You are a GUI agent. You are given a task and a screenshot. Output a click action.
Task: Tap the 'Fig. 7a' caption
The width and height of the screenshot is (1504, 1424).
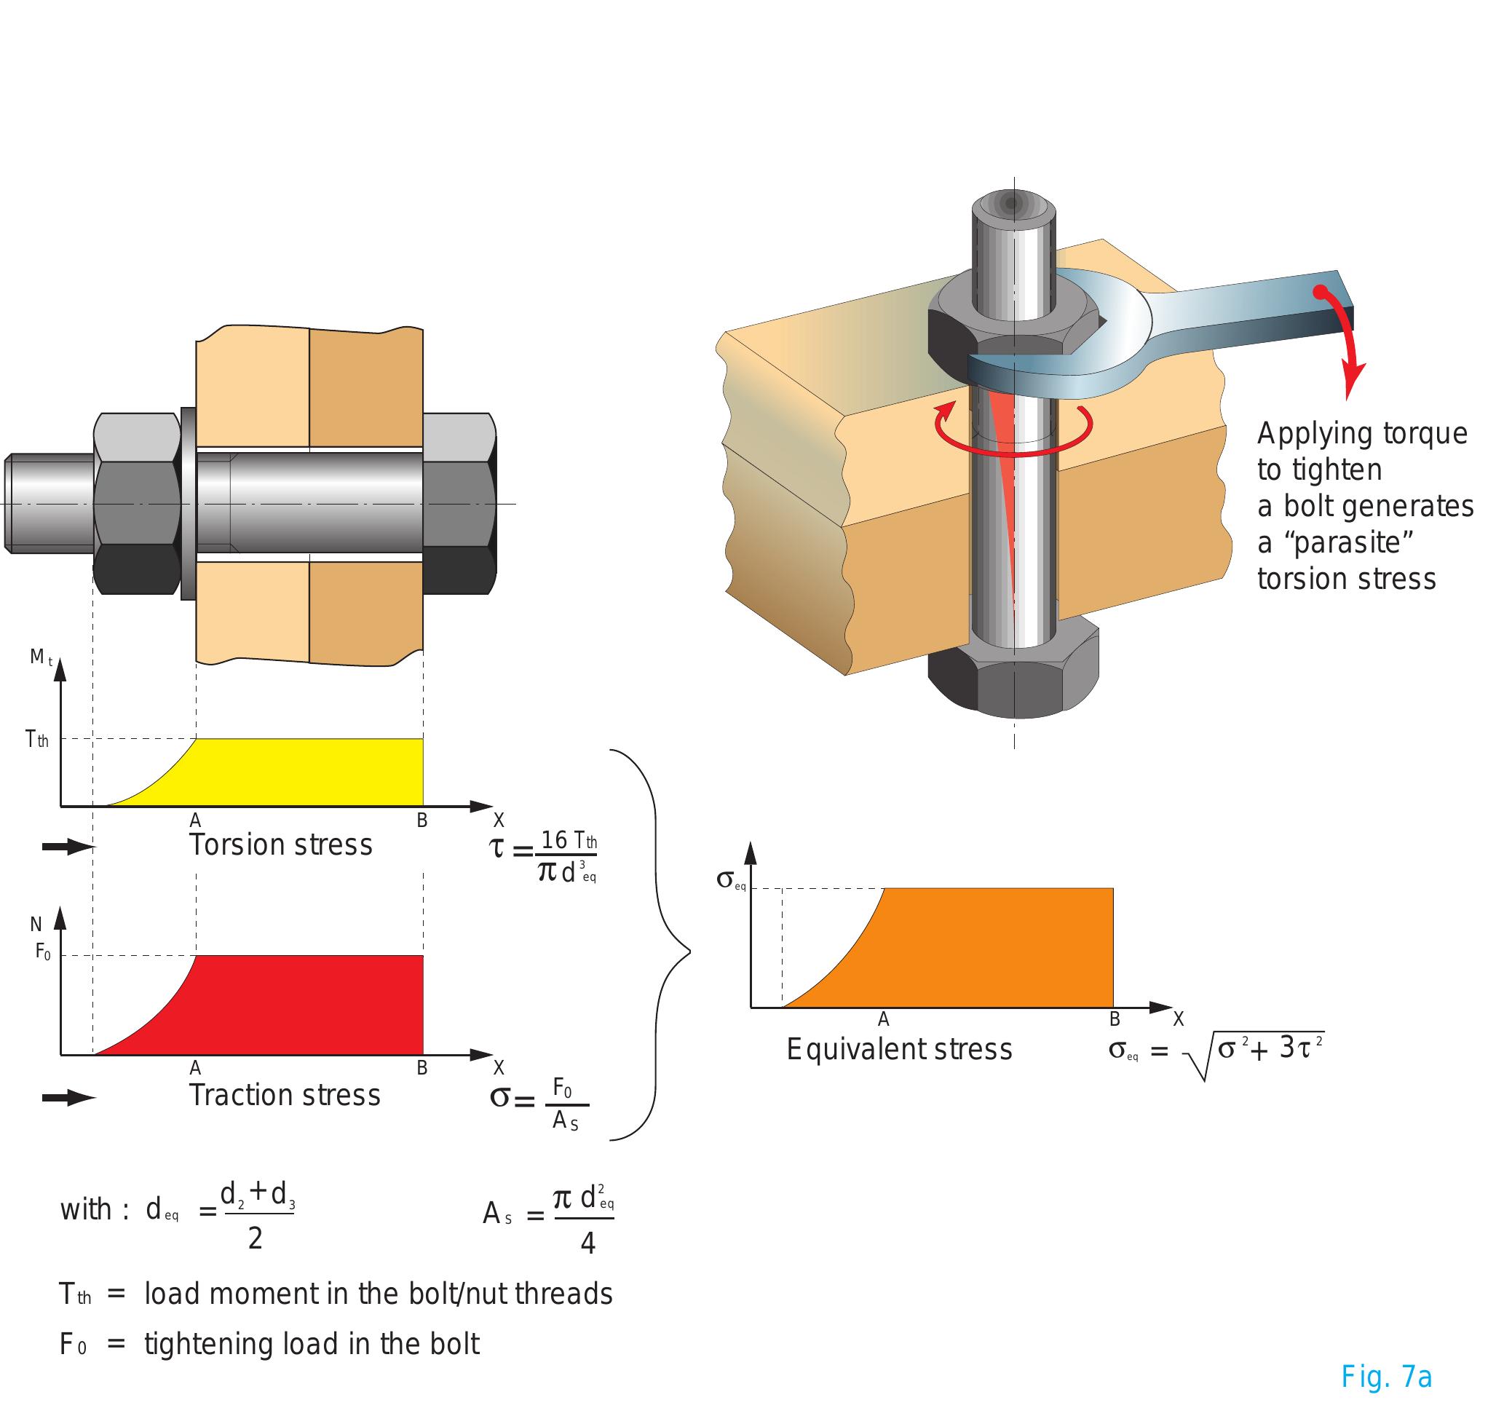click(x=1385, y=1376)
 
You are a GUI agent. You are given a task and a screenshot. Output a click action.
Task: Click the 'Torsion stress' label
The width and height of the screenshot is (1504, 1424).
click(x=281, y=844)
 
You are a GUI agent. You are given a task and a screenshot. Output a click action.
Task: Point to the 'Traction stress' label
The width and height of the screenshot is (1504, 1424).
click(x=285, y=1094)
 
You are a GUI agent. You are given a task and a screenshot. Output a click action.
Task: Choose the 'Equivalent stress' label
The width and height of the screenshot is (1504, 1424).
click(x=899, y=1049)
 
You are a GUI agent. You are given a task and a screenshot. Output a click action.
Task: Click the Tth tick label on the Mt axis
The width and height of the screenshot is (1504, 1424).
click(x=36, y=740)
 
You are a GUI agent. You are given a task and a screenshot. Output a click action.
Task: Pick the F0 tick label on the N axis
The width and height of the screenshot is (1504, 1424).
click(x=43, y=952)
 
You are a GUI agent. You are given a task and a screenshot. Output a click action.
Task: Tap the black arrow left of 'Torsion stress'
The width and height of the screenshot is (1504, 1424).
click(x=67, y=847)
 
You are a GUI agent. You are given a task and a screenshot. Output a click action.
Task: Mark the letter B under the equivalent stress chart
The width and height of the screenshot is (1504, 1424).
click(x=1115, y=1018)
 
